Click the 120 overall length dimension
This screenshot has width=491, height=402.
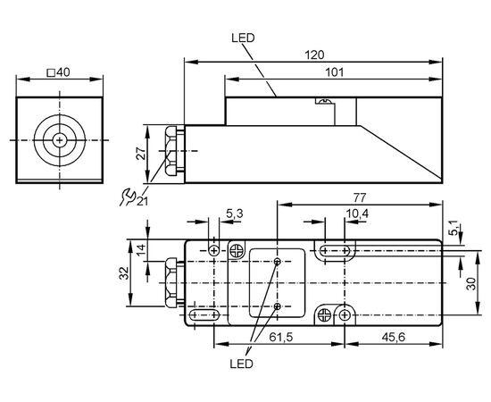[314, 55]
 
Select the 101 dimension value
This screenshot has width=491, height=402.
[335, 72]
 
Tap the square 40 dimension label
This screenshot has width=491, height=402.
[58, 72]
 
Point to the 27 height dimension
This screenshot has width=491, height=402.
[142, 154]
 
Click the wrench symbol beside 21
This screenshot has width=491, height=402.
[127, 197]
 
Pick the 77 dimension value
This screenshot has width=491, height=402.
[359, 198]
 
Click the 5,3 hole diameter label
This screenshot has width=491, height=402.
[235, 214]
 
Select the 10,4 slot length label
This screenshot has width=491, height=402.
[357, 214]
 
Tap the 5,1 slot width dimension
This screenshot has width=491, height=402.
[454, 228]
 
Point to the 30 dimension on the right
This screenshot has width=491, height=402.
[471, 283]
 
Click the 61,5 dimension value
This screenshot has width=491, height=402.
[281, 337]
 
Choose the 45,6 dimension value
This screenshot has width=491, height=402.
[394, 337]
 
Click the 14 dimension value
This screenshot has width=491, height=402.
[142, 249]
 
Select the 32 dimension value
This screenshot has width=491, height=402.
[124, 272]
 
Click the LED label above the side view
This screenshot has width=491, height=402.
[243, 38]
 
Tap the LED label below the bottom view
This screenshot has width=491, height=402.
[241, 364]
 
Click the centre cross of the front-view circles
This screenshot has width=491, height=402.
[59, 140]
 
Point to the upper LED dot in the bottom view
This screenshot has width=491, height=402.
[277, 262]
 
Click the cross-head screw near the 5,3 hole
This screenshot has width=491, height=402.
[237, 251]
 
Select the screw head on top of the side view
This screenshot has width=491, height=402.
[324, 101]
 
